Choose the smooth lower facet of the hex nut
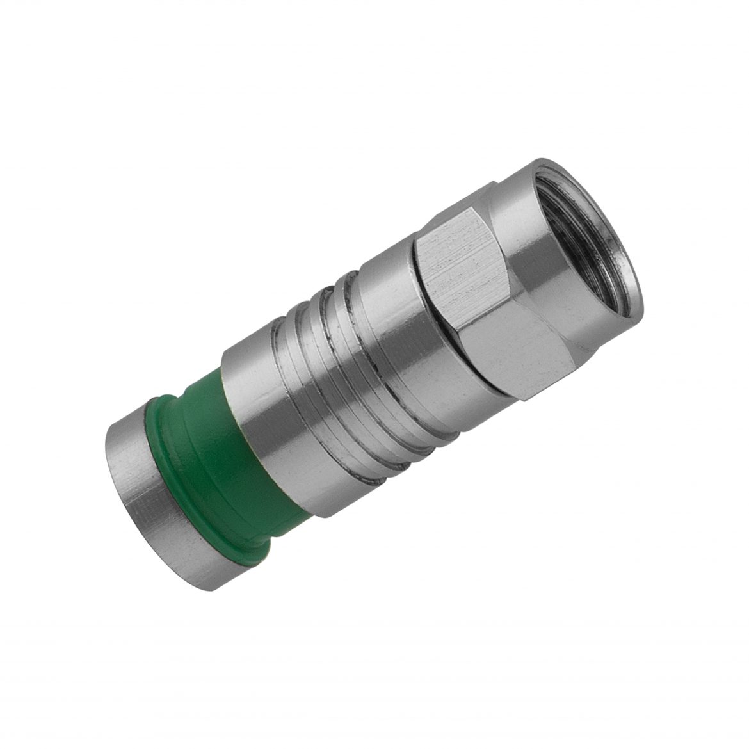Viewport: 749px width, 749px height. pyautogui.click(x=512, y=346)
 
